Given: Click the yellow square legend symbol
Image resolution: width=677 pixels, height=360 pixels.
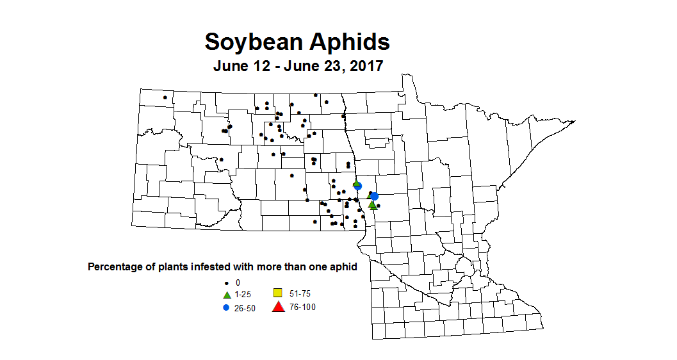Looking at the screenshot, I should (x=278, y=293).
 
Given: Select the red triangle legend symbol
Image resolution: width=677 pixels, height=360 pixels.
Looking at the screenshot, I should (x=278, y=307).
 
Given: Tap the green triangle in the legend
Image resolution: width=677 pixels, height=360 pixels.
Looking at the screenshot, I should (x=226, y=294).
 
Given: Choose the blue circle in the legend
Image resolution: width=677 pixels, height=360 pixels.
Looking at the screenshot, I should (x=226, y=307).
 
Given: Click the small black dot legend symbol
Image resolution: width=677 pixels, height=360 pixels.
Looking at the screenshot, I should (x=226, y=282).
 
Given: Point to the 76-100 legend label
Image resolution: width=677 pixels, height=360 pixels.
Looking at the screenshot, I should (x=302, y=307).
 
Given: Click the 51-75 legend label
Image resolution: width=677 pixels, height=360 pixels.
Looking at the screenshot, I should (x=300, y=293).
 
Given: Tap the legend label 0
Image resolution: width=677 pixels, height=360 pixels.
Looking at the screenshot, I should (x=238, y=282).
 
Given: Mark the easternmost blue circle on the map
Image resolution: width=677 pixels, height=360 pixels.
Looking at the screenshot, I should (x=375, y=196).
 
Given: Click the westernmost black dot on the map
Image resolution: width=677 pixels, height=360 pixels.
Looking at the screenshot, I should (x=165, y=97).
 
